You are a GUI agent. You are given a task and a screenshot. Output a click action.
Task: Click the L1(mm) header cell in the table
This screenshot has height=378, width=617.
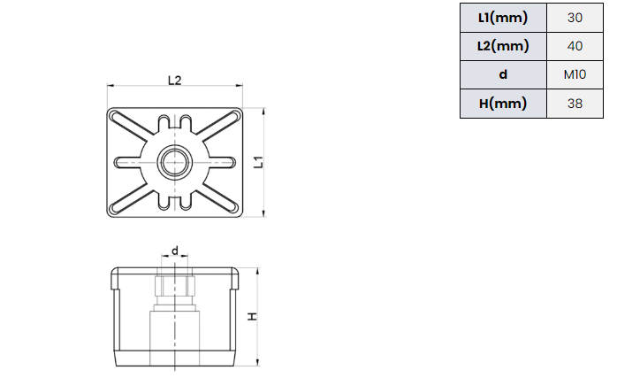click(x=503, y=18)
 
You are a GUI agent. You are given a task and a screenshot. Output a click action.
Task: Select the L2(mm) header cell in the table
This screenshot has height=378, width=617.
click(x=503, y=46)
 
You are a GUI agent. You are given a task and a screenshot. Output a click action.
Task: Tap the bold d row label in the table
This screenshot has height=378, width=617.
click(x=503, y=74)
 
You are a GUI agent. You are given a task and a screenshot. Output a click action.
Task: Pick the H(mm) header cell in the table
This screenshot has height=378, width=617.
click(x=503, y=104)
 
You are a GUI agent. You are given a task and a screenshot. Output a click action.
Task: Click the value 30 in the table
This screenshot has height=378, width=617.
click(x=575, y=18)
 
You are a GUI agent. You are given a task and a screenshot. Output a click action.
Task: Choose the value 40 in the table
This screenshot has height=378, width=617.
click(x=575, y=46)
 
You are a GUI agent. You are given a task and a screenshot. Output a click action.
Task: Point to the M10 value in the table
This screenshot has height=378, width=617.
click(x=575, y=74)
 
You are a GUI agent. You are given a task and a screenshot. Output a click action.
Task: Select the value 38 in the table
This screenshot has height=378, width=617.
click(x=575, y=104)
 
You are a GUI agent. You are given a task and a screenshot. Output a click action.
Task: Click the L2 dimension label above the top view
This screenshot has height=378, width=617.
click(x=175, y=81)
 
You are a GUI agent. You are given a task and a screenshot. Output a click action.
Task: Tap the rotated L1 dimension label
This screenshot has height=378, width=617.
click(x=258, y=162)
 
